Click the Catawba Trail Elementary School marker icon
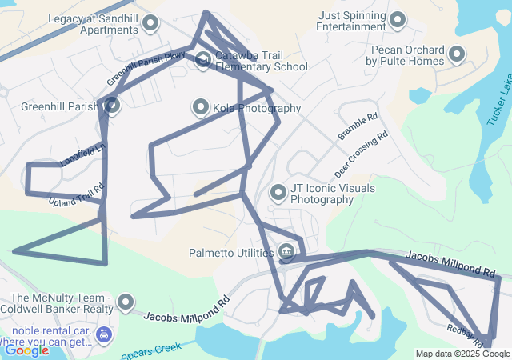204,58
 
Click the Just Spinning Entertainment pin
398,20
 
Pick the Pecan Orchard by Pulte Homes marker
457,54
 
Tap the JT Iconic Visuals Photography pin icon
278,193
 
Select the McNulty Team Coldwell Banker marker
126,302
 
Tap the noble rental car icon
102,333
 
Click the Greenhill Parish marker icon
112,105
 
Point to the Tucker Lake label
498,100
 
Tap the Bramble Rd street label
357,126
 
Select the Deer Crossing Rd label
362,154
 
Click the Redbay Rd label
462,331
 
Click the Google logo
26,350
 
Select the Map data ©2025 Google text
462,354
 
